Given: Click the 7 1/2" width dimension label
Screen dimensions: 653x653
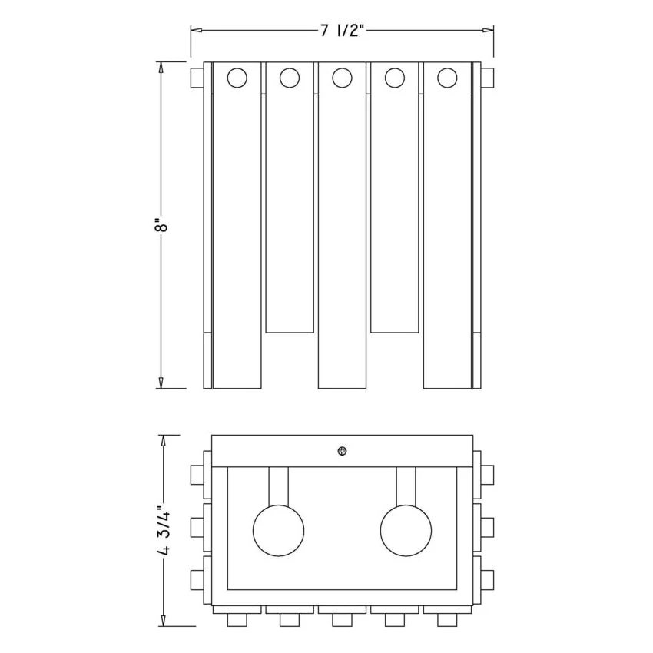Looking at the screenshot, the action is [x=343, y=31].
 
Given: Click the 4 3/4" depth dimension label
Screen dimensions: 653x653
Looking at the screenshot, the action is [x=164, y=530].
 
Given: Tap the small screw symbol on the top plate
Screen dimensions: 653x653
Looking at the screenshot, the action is [x=342, y=451].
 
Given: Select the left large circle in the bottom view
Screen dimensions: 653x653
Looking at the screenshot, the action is [x=278, y=531].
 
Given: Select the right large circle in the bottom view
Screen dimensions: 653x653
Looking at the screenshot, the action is [x=406, y=531].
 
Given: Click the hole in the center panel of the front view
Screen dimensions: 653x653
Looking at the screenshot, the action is [x=342, y=78].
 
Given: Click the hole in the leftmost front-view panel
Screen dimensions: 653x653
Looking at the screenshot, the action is [x=237, y=78].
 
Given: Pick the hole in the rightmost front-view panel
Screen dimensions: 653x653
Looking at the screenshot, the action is [x=447, y=78].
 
